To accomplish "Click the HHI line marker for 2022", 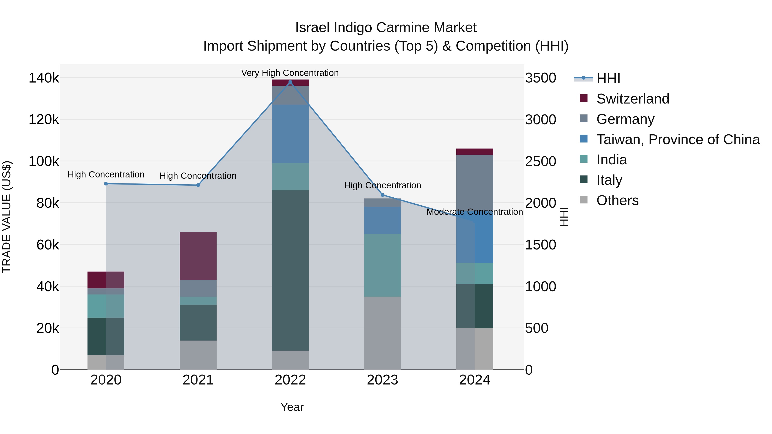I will click(290, 82).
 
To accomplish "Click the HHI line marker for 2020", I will click(106, 184).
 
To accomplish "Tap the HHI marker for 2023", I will click(382, 195).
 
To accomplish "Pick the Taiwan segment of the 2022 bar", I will click(290, 134).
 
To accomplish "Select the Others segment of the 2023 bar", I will click(382, 333).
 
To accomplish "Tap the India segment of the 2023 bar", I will click(382, 265).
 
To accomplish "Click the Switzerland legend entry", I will click(632, 99).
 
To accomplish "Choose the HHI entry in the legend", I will click(608, 78).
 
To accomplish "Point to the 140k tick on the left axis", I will click(44, 78).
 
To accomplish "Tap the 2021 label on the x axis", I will click(198, 380).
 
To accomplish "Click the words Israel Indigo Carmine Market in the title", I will click(386, 28).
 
